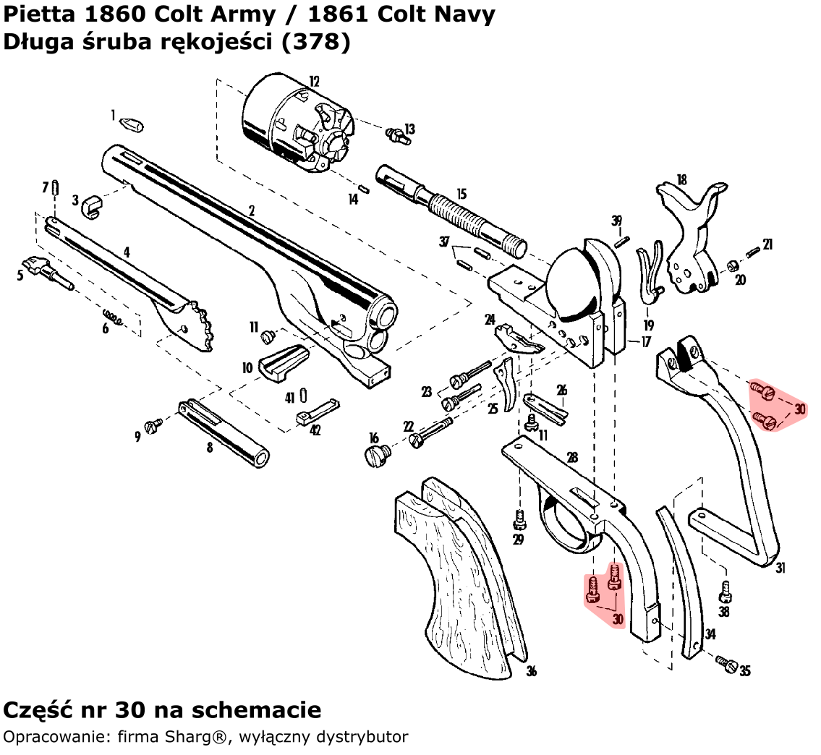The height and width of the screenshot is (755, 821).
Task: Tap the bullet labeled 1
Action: [x=131, y=124]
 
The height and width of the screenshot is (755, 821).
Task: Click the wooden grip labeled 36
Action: [x=463, y=571]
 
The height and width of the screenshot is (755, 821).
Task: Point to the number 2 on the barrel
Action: [x=251, y=211]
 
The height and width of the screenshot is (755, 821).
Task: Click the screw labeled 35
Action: [x=727, y=663]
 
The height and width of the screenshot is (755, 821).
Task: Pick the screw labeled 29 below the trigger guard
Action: [x=518, y=518]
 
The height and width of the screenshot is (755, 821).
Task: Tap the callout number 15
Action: [x=461, y=195]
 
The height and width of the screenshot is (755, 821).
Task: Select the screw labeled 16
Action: [x=377, y=454]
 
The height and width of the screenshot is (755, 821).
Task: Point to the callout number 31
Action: [x=780, y=568]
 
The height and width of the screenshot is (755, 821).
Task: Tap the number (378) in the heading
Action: [x=317, y=43]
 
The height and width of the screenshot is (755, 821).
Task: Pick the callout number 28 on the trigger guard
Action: [x=572, y=458]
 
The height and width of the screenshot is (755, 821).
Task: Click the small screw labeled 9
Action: [x=153, y=427]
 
